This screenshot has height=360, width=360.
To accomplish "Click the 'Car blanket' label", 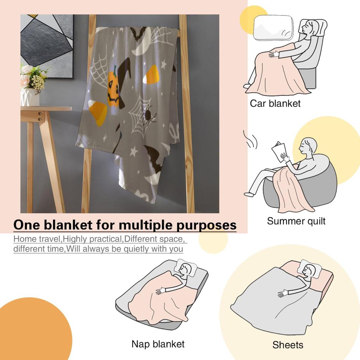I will [275, 103].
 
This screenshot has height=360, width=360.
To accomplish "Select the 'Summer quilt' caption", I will [296, 221].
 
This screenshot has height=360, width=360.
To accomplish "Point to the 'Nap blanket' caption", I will [158, 343].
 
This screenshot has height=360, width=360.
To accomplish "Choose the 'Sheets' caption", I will [288, 345].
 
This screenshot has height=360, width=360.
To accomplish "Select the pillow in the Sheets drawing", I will [309, 269].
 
